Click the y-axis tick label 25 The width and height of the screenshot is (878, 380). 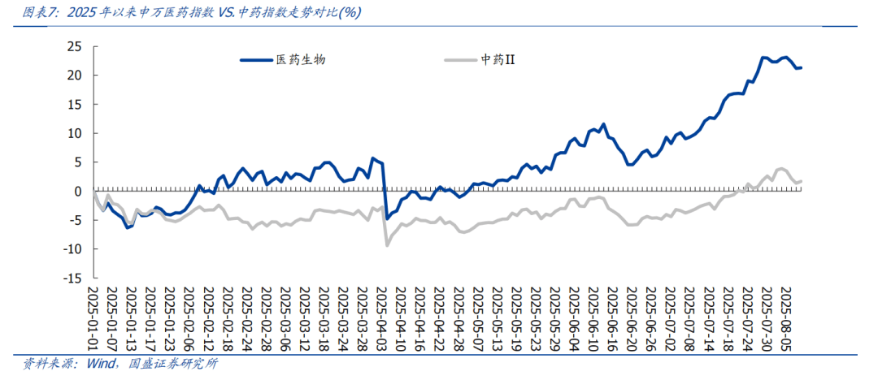click(x=74, y=46)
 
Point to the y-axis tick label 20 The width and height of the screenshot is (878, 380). click(x=74, y=76)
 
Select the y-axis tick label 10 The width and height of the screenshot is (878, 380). click(x=74, y=133)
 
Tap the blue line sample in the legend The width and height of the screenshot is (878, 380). click(x=256, y=59)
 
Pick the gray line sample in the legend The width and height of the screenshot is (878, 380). click(x=460, y=59)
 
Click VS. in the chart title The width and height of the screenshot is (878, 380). click(x=228, y=13)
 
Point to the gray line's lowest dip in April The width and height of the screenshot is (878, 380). click(x=387, y=244)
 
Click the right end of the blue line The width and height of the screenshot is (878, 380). click(x=802, y=67)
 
